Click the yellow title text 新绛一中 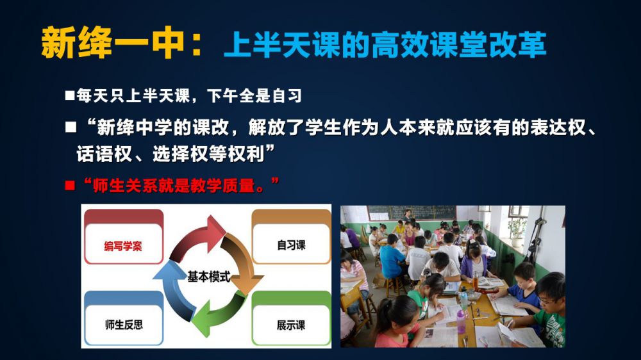pos(112,42)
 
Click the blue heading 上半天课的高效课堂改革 pos(385,44)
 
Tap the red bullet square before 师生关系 pos(70,186)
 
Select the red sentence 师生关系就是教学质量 pos(181,185)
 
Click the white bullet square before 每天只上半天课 pos(69,95)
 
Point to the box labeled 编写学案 pos(124,237)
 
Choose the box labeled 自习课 pos(291,236)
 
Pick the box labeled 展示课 pos(291,318)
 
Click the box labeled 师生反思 pos(124,318)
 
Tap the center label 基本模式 pos(208,277)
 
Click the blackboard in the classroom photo pos(412,213)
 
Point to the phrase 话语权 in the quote pos(104,154)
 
